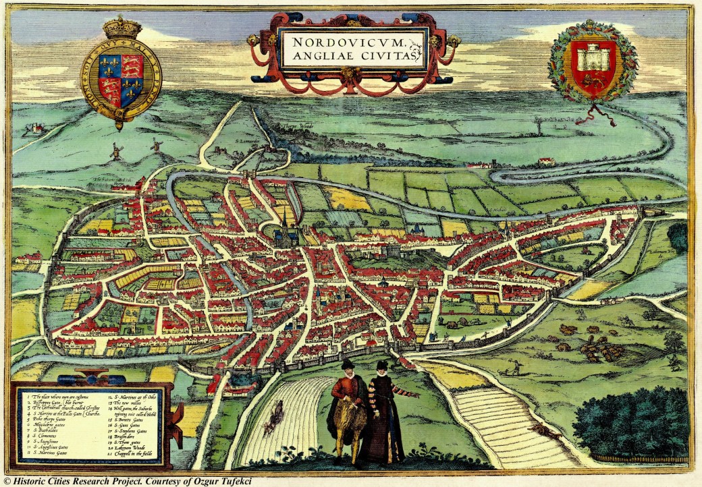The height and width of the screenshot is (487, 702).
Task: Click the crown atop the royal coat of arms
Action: (x=122, y=28)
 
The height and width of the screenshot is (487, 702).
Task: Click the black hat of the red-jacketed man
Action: (x=348, y=365)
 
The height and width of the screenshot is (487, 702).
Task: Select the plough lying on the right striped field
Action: (x=544, y=432)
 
